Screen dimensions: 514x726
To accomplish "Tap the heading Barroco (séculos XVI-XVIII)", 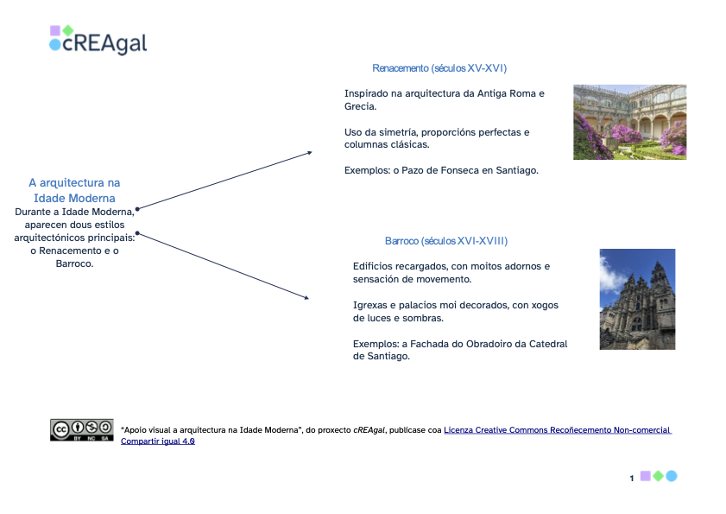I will (x=445, y=241).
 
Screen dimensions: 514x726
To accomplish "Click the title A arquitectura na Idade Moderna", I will (x=74, y=190).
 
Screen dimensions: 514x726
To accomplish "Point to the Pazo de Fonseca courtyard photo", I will (x=629, y=122).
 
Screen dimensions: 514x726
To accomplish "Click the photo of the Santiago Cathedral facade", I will (x=637, y=299).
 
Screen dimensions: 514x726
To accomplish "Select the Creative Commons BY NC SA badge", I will (x=81, y=429).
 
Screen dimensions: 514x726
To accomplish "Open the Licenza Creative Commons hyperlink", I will (x=557, y=429).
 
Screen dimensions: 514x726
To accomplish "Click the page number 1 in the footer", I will (x=632, y=478).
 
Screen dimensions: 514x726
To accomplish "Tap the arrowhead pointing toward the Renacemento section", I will (x=308, y=153).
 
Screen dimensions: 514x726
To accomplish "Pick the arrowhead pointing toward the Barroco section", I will (x=306, y=298).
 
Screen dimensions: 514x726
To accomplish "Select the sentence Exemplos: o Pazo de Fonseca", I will (x=440, y=170).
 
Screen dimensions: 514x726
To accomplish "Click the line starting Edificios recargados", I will (x=451, y=266).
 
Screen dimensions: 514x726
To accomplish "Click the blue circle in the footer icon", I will (x=672, y=476).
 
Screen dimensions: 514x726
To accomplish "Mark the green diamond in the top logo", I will (x=67, y=30).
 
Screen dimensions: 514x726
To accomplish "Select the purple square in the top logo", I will (x=54, y=30).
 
